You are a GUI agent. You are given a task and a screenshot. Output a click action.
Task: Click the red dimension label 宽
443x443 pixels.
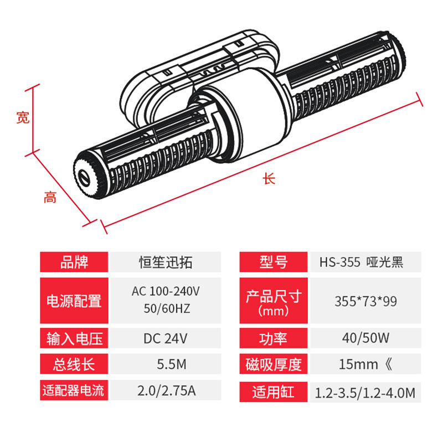pyautogui.click(x=23, y=117)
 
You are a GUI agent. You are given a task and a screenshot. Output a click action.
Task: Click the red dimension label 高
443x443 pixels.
pyautogui.click(x=50, y=197)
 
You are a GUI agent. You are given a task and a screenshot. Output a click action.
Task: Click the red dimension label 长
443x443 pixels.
pyautogui.click(x=269, y=178)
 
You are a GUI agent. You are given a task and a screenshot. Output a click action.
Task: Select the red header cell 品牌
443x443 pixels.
pyautogui.click(x=74, y=262)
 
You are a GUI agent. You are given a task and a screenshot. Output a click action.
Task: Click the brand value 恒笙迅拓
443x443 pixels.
pyautogui.click(x=166, y=262)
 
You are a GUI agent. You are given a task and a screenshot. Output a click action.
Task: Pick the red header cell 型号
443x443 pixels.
pyautogui.click(x=274, y=262)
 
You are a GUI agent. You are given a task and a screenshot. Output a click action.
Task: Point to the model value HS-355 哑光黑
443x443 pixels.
pyautogui.click(x=362, y=262)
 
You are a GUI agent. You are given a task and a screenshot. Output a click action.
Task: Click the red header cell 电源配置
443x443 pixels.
pyautogui.click(x=74, y=301)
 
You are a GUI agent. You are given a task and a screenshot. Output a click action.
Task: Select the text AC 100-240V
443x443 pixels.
pyautogui.click(x=166, y=291)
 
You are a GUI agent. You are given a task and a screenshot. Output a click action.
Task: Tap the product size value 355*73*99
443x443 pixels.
pyautogui.click(x=365, y=301)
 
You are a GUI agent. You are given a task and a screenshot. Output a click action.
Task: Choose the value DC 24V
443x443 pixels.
pyautogui.click(x=165, y=338)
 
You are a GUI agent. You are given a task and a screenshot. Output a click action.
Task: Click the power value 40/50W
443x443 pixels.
pyautogui.click(x=365, y=338)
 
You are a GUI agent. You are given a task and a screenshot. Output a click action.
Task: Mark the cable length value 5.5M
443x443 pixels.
pyautogui.click(x=172, y=364)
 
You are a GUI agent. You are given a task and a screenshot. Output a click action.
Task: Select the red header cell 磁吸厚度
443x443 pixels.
pyautogui.click(x=274, y=364)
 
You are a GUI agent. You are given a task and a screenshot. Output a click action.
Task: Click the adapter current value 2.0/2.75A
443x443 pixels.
pyautogui.click(x=167, y=391)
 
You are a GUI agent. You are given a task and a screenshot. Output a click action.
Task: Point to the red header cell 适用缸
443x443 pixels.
pyautogui.click(x=274, y=392)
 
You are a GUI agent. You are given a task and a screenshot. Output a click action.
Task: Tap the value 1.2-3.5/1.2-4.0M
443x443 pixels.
pyautogui.click(x=365, y=393)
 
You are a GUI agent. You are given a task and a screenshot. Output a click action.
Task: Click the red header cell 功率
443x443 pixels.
pyautogui.click(x=274, y=338)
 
